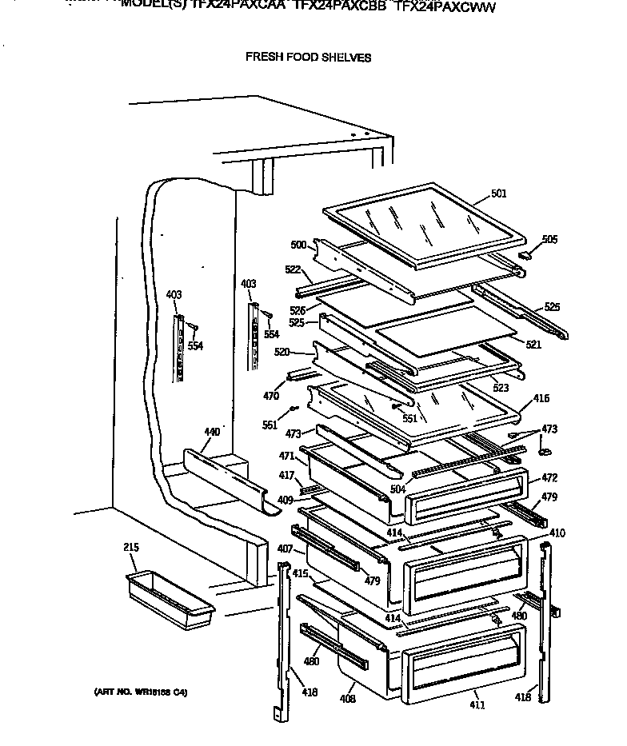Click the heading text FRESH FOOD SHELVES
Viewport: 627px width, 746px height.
click(307, 58)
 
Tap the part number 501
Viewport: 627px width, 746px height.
click(498, 193)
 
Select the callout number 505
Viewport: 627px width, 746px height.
click(549, 239)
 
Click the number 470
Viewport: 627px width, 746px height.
click(271, 395)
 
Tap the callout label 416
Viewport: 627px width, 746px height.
click(541, 397)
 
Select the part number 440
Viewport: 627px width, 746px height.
click(211, 433)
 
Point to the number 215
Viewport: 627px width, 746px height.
click(131, 548)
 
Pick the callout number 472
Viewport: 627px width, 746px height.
click(549, 478)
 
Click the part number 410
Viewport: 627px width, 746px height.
click(557, 533)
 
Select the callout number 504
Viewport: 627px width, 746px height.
click(397, 489)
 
